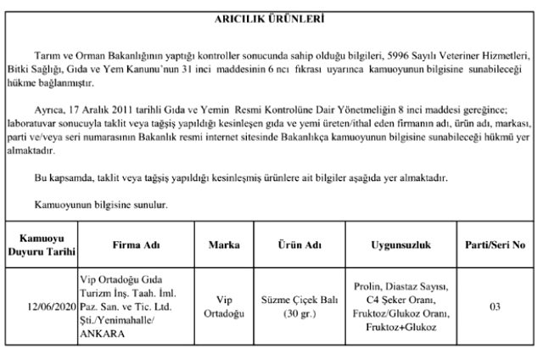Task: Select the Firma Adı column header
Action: point(136,245)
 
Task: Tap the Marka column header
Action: point(224,245)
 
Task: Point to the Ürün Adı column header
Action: point(297,245)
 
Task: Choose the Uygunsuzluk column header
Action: point(401,245)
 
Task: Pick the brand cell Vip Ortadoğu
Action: point(224,307)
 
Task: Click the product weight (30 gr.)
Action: point(297,313)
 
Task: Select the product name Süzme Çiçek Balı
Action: point(297,300)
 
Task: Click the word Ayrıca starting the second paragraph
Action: point(50,110)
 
